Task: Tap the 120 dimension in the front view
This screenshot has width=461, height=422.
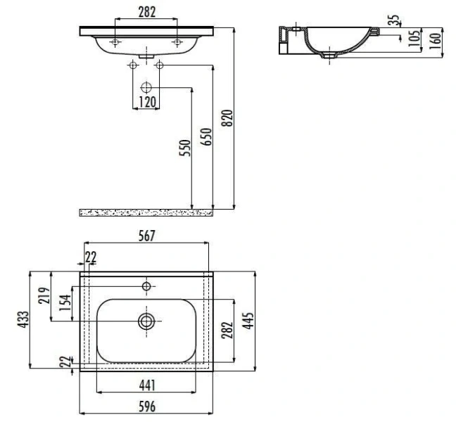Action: [x=146, y=102]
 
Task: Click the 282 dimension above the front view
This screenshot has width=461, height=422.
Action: [x=146, y=11]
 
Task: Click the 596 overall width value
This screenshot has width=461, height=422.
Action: [x=146, y=407]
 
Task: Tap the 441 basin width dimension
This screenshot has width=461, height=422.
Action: [x=146, y=385]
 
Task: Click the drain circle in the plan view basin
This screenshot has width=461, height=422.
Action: [x=146, y=321]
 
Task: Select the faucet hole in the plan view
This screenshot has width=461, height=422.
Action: [x=146, y=286]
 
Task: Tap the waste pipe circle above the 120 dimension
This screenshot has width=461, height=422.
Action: [x=146, y=88]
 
